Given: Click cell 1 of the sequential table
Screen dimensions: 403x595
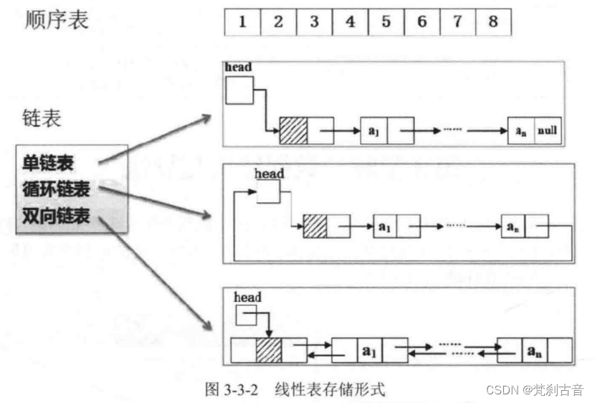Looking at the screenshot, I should tap(242, 22).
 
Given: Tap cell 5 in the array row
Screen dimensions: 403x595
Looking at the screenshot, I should tap(386, 22).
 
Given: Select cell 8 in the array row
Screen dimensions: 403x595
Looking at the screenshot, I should tap(493, 22).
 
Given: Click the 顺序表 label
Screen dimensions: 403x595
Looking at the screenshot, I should tap(57, 19).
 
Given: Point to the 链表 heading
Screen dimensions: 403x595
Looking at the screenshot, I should tap(40, 118).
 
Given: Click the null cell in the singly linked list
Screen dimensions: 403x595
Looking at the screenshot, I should tap(547, 131).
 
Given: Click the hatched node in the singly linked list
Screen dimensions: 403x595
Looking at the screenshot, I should tap(293, 131).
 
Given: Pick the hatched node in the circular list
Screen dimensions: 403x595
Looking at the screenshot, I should tap(315, 227).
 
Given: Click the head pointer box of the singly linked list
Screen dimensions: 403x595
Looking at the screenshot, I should tap(239, 90).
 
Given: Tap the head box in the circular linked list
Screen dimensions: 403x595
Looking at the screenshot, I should tap(267, 191).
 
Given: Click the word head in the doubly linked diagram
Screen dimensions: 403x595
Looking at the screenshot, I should tap(247, 298).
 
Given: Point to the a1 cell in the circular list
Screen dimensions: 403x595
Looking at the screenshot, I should tap(385, 227).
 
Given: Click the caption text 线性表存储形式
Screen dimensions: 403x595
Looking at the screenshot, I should tap(330, 389).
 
